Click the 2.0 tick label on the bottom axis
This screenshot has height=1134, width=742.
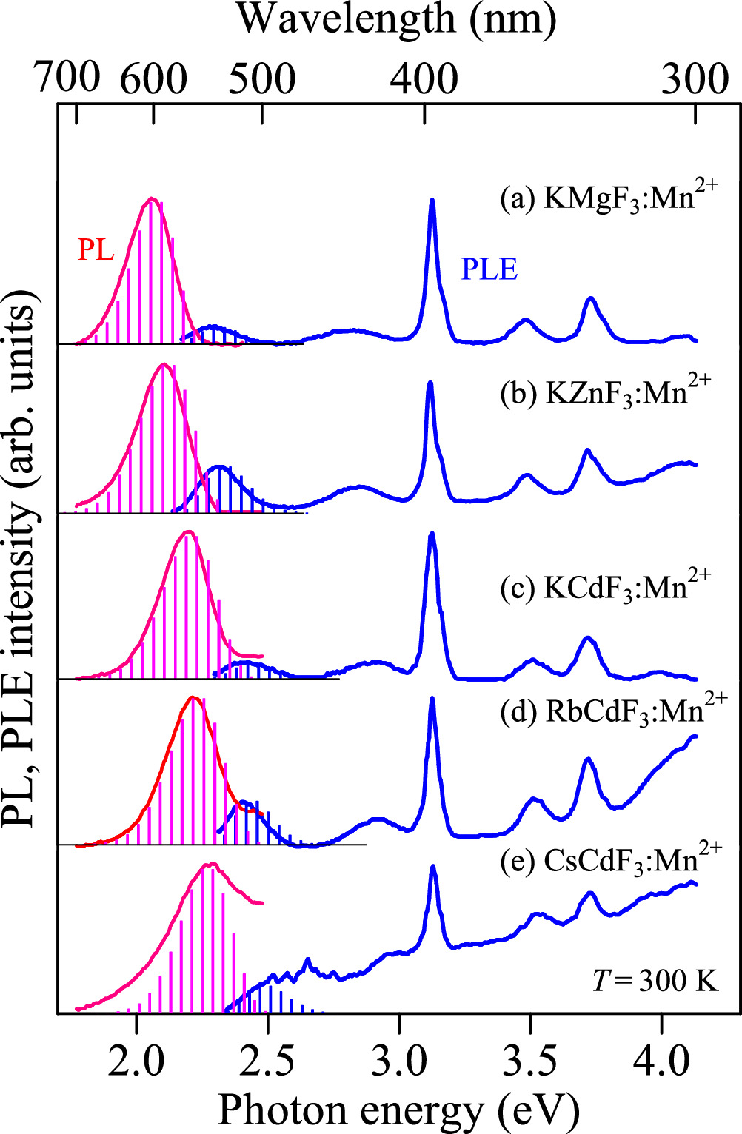pos(136,1060)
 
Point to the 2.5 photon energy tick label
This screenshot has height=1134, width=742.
pos(267,1060)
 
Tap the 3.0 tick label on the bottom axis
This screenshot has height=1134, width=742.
pos(399,1060)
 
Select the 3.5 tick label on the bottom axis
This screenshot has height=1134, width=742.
pos(530,1060)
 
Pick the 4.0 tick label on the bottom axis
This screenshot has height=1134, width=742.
pos(662,1060)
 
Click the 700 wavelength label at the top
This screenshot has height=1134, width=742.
pos(67,77)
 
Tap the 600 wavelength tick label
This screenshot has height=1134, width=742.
pos(153,78)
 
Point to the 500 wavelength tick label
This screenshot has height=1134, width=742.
pos(261,78)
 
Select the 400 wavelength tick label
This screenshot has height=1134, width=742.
pos(424,78)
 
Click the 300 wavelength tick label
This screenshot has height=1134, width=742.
pos(695,78)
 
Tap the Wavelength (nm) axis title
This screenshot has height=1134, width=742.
pos(397,19)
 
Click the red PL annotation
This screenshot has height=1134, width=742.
pos(96,250)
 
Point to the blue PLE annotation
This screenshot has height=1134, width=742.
pos(489,269)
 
